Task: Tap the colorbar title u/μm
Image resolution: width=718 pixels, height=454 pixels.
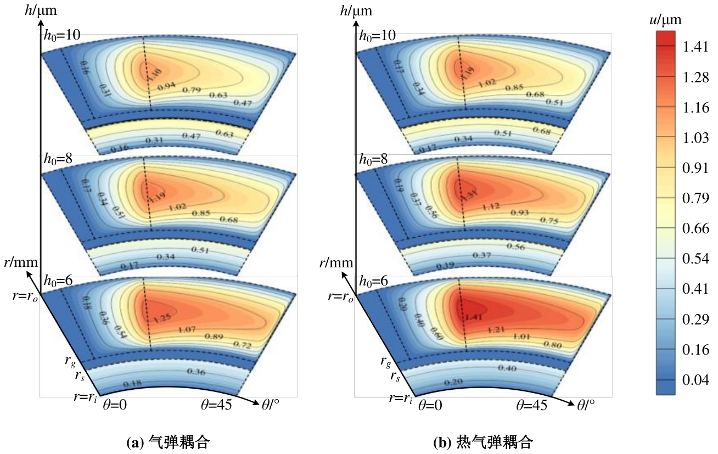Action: click(665, 21)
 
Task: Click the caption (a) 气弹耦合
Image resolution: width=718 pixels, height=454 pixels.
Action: click(168, 442)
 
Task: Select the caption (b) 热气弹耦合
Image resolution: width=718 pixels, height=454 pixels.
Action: click(484, 442)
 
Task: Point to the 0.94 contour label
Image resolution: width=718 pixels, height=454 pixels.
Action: click(167, 87)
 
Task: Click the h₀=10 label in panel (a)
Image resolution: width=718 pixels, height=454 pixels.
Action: click(62, 36)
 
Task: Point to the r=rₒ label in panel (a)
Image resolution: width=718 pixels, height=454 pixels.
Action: click(25, 296)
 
